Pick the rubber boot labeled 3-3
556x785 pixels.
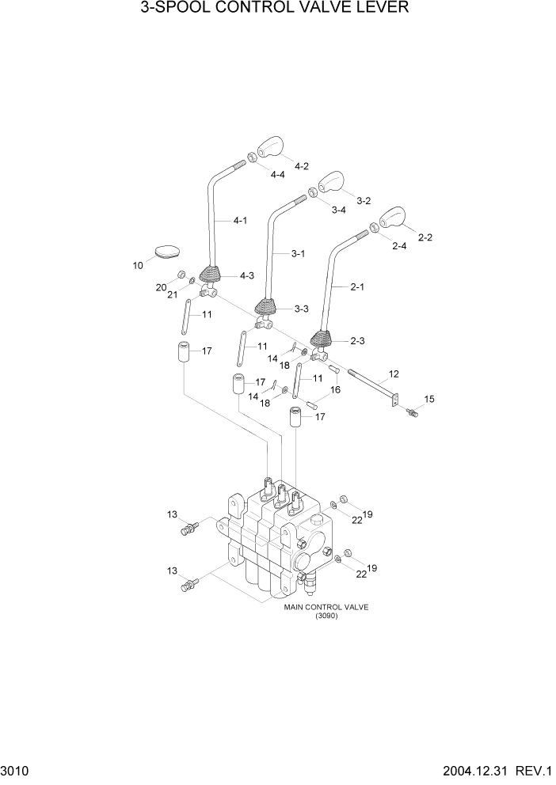point(266,308)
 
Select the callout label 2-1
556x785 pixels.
point(356,287)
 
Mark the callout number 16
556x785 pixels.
point(335,390)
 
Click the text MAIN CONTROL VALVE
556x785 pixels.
point(326,607)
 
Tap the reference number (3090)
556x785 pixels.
point(326,616)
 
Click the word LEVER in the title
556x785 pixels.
point(380,9)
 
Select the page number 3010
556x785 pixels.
point(15,771)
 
